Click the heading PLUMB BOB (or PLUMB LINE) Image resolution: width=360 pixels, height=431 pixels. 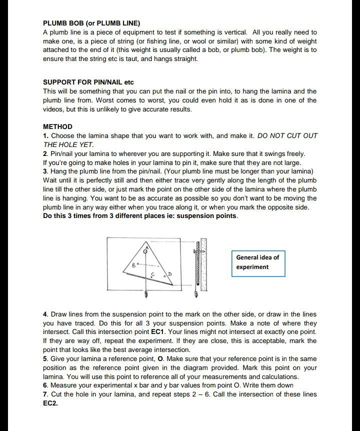pos(91,23)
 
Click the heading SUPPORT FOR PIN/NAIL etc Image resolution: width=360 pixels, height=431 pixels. pos(88,82)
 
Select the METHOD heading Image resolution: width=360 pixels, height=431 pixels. pos(57,126)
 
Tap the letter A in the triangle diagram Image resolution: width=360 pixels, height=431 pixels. pos(147,247)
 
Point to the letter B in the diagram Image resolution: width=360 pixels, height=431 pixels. pos(133,265)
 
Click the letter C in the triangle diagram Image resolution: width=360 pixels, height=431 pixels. pos(152,275)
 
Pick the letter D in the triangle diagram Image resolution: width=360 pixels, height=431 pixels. pos(169,274)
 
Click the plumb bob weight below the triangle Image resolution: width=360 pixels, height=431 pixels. pos(146,294)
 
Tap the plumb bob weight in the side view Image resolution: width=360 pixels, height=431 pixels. pos(196,294)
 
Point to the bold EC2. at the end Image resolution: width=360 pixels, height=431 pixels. pos(50,403)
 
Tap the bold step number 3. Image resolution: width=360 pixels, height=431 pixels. pos(45,171)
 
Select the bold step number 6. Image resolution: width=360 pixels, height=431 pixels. pos(45,385)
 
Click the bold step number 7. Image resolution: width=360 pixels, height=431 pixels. pos(45,394)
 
